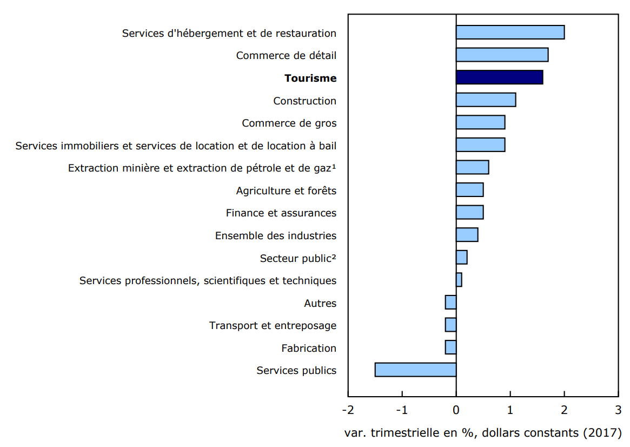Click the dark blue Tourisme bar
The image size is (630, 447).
coord(499,77)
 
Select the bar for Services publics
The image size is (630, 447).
coord(415,370)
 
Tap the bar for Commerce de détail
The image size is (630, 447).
coord(502,55)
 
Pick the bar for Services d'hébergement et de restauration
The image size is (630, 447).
coord(510,32)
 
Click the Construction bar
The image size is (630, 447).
coord(486,100)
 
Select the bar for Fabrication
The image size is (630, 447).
coord(450,347)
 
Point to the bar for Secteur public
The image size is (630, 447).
coord(461,258)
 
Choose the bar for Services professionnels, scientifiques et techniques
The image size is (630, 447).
coord(459,280)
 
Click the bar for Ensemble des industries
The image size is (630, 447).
coord(467,235)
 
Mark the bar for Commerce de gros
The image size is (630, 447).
coord(480,122)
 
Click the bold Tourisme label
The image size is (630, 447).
coord(310,78)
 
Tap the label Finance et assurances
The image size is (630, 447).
coord(281,213)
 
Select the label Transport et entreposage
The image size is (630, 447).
coord(273,325)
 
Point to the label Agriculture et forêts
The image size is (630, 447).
coord(286,190)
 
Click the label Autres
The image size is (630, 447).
coord(320,303)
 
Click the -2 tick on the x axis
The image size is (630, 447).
coord(348,409)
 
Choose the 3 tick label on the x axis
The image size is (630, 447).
coord(618,409)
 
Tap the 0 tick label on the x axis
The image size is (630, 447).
coord(456,409)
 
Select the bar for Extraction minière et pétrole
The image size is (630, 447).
coord(472,167)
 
